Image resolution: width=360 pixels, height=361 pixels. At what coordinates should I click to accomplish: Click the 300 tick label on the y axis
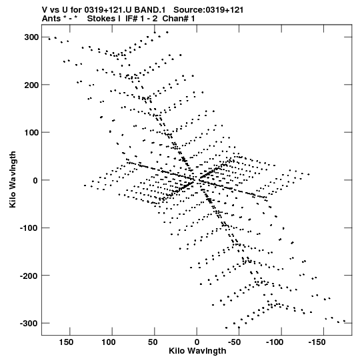pos(31,37)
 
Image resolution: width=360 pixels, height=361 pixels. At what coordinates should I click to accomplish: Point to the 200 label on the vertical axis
pos(31,85)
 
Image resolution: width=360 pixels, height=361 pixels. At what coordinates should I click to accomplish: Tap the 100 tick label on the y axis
pos(31,133)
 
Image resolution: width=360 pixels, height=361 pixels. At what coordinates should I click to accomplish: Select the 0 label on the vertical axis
pos(35,180)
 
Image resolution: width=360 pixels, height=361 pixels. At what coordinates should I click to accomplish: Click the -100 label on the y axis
pos(29,228)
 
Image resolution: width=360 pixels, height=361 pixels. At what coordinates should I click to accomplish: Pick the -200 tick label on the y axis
pos(29,276)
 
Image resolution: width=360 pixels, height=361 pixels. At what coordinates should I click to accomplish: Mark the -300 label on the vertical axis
pos(29,324)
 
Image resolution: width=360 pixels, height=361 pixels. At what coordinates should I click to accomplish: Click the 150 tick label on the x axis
pos(66,342)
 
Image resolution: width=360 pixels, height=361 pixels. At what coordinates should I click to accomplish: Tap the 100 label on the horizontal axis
pos(109,342)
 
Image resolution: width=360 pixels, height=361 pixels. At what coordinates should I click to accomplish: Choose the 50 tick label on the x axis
pos(153,342)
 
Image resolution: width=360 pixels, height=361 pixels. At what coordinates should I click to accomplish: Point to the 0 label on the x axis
pos(197,342)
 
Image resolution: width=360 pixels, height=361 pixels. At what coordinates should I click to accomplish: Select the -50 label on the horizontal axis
pos(234,342)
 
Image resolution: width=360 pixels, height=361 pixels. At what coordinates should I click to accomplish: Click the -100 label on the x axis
pos(275,342)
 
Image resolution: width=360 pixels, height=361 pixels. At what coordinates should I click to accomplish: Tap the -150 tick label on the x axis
pos(317,342)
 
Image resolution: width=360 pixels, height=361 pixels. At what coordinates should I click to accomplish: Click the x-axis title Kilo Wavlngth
pos(197,351)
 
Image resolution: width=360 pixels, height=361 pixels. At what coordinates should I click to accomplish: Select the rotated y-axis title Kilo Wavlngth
pos(13,179)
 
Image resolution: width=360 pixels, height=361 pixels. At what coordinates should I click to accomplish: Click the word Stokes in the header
pos(101,19)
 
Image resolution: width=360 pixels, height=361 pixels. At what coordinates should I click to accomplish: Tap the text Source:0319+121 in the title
pos(209,10)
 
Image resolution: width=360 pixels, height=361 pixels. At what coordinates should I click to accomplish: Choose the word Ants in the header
pos(51,19)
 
